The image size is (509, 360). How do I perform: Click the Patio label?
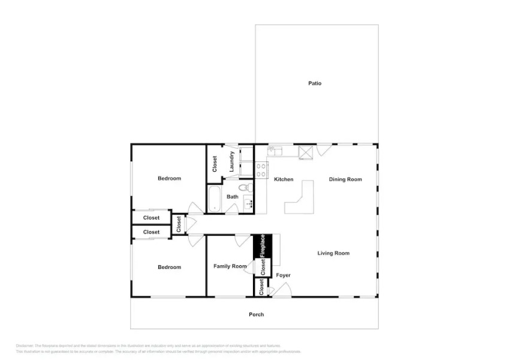click(315, 83)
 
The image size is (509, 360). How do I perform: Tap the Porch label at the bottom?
click(256, 314)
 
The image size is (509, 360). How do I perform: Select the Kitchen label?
click(284, 179)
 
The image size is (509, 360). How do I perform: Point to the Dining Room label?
click(345, 179)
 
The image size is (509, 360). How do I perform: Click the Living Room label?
click(333, 253)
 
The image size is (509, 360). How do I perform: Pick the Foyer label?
click(283, 275)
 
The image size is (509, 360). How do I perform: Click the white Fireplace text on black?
click(263, 246)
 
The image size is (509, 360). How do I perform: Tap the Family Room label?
click(230, 266)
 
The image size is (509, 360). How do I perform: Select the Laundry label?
click(231, 161)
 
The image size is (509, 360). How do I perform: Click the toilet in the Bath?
click(251, 188)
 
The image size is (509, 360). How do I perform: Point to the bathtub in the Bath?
click(215, 199)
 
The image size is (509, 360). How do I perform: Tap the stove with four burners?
click(261, 170)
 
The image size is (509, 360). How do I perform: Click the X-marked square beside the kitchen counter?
click(306, 152)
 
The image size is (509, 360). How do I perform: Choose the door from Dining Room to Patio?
click(323, 149)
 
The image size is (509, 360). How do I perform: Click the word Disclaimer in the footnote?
click(25, 346)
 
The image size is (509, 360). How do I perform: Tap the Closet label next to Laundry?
click(215, 164)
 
